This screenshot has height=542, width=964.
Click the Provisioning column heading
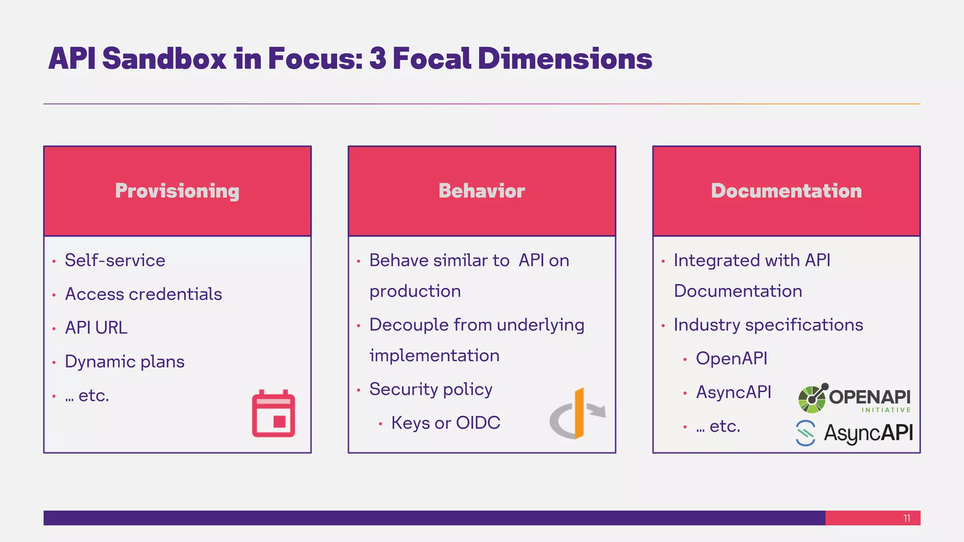pos(177,191)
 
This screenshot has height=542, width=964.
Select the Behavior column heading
pos(482,191)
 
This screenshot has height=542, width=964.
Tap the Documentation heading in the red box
pos(786,191)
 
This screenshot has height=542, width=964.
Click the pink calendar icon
pos(273,414)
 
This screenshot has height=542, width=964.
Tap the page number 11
pos(907,518)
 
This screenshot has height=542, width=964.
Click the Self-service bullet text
pos(115,261)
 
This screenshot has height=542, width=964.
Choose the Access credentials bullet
pos(143,295)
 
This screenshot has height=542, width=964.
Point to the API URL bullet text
pos(96,328)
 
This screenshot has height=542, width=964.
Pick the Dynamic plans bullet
pos(124,362)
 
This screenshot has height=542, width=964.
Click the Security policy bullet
pos(431,390)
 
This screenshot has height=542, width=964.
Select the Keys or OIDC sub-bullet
pos(445,423)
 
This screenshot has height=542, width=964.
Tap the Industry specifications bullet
pos(768,325)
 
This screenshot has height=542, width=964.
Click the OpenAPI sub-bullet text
pos(731,359)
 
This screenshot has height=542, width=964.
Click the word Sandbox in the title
pos(164,59)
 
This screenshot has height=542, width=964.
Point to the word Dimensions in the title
pos(565,59)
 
